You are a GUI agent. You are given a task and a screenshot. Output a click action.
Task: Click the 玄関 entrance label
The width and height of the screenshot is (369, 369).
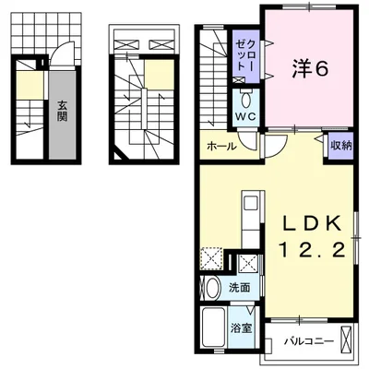[x=62, y=111]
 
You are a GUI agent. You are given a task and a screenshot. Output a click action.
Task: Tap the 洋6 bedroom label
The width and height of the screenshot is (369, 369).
[x=309, y=70]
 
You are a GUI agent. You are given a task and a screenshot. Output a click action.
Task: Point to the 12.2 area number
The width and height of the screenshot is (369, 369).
[x=311, y=251]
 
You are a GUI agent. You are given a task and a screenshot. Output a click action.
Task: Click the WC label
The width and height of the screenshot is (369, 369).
[x=245, y=116]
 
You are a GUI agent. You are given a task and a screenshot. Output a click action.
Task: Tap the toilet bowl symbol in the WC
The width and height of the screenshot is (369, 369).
[x=246, y=100]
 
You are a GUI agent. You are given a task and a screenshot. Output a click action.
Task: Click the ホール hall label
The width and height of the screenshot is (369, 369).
[x=221, y=146]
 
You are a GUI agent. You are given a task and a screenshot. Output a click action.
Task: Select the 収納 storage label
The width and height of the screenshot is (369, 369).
[x=340, y=146]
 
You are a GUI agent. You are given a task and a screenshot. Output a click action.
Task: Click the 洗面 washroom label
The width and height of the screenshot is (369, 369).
[x=240, y=288]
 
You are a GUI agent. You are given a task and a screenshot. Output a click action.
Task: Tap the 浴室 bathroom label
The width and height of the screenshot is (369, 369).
[x=242, y=328]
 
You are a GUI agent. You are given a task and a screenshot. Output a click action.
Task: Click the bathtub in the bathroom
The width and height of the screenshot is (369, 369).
[x=214, y=327]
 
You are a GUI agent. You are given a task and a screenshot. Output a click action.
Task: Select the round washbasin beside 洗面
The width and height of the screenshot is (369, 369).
[x=212, y=288]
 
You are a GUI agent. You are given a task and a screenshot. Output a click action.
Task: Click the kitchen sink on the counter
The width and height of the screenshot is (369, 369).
[x=251, y=204]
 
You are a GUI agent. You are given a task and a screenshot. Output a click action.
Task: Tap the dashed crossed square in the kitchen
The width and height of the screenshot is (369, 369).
[x=211, y=258]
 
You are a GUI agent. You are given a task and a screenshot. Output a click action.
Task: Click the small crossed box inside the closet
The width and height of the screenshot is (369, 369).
[x=239, y=80]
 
